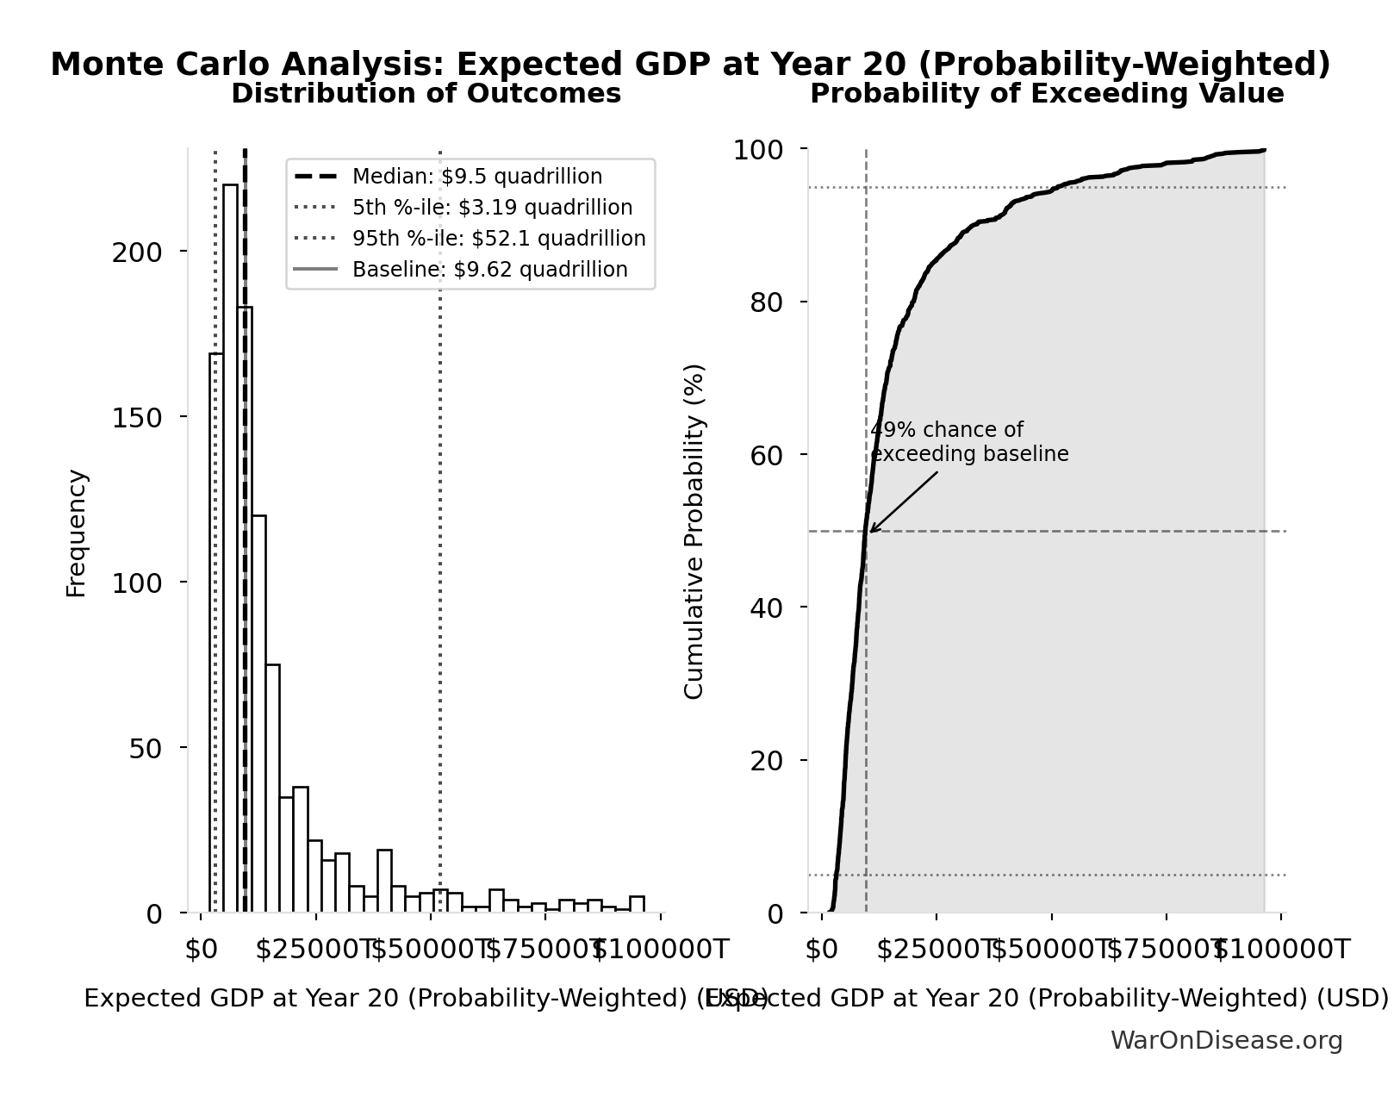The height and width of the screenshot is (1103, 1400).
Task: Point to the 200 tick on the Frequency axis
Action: point(137,252)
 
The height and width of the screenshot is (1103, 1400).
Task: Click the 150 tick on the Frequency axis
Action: point(137,418)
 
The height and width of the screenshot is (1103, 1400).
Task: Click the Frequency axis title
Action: point(77,533)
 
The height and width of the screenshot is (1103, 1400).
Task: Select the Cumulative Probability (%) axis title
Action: point(694,531)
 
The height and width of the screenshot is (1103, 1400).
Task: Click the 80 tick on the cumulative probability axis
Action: point(766,302)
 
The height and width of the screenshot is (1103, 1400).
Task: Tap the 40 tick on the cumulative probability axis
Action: point(766,608)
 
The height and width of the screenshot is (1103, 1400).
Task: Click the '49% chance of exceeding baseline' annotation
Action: point(969,442)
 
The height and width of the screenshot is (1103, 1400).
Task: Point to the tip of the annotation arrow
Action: point(870,532)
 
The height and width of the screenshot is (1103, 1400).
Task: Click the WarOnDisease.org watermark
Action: point(1226,1041)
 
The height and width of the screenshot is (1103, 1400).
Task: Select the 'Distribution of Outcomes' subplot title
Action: point(426,94)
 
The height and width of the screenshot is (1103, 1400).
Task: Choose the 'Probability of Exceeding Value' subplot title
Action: point(1047,94)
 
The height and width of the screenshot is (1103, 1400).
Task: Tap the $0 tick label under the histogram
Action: point(202,950)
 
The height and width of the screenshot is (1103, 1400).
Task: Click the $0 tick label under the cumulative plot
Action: point(821,950)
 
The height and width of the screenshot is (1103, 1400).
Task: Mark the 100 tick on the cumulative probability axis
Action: point(758,150)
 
